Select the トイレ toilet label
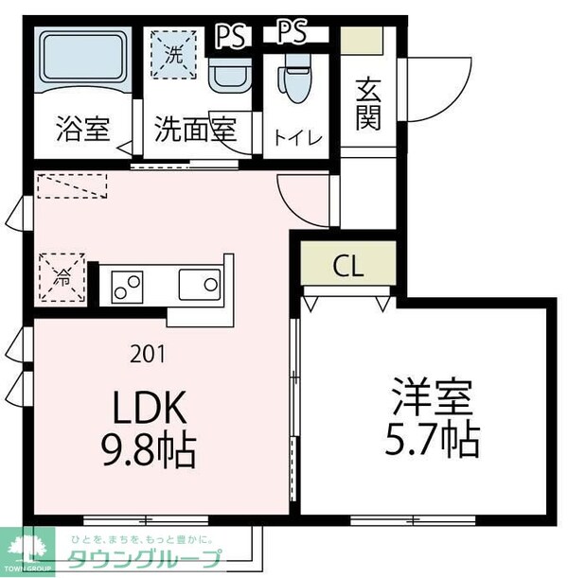(297, 138)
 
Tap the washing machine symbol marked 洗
(174, 55)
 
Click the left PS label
(229, 35)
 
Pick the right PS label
(292, 32)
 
